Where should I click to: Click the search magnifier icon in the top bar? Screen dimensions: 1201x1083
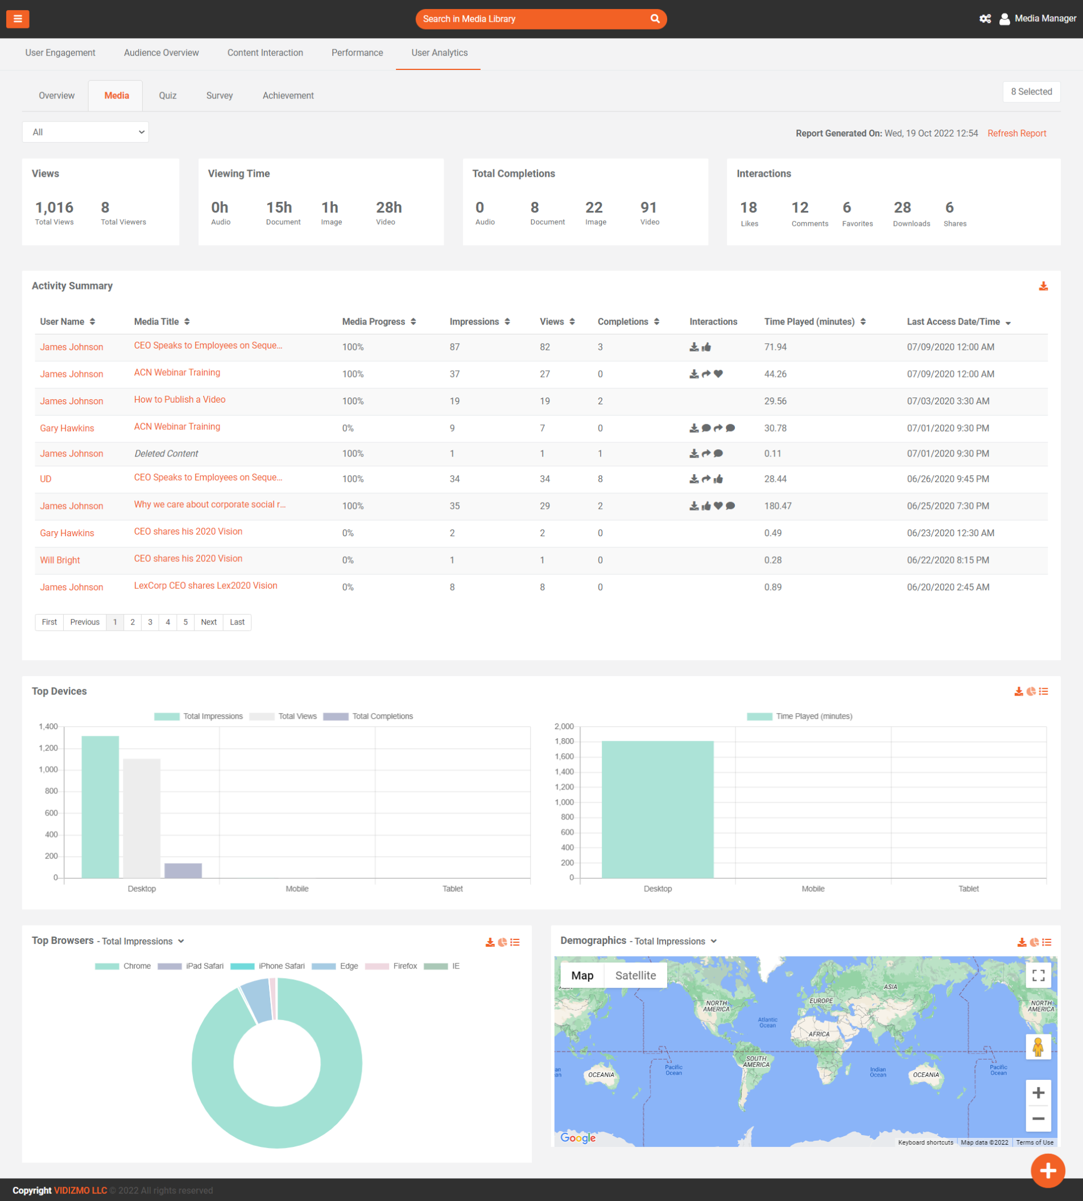[x=655, y=19]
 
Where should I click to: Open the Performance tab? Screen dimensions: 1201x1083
[x=357, y=53]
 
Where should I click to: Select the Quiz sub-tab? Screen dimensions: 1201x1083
[x=167, y=96]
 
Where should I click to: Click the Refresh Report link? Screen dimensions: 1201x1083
[x=1016, y=133]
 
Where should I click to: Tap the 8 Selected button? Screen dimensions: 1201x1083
[x=1031, y=92]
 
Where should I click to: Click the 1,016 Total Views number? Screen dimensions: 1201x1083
[x=54, y=208]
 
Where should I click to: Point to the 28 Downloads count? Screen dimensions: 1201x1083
[x=902, y=208]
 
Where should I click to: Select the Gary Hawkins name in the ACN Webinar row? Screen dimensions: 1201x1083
[x=67, y=428]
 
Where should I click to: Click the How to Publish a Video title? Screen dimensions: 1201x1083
[x=179, y=400]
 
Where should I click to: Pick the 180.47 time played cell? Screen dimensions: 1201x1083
[x=778, y=506]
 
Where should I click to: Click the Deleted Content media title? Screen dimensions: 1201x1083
[x=166, y=454]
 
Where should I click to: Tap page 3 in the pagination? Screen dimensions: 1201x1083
[x=150, y=622]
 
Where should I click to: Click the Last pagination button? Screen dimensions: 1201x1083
[x=237, y=622]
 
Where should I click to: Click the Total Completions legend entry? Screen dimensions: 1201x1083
[x=369, y=716]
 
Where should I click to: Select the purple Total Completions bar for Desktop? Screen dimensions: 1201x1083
[x=183, y=870]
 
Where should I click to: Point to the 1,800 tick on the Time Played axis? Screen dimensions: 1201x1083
[x=564, y=741]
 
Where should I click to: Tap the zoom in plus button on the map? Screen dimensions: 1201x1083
[x=1037, y=1093]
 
